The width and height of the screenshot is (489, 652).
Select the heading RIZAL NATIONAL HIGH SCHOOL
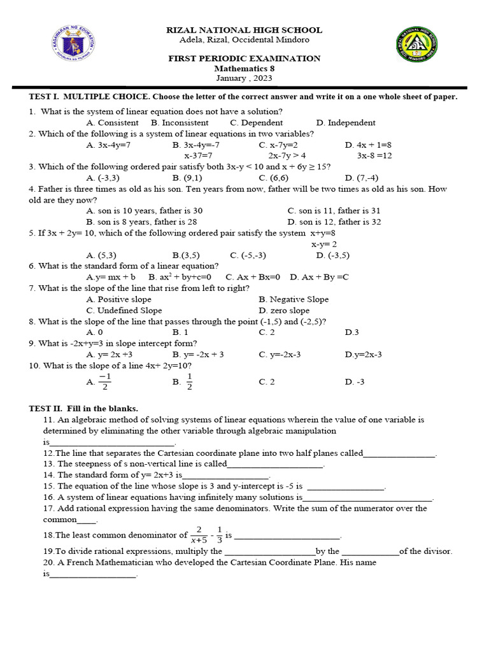tap(244, 30)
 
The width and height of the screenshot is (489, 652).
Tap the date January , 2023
tap(244, 78)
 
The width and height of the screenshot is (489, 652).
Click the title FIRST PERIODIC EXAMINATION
tap(244, 59)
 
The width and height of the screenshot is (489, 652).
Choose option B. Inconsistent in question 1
tap(180, 123)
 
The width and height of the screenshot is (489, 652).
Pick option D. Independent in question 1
tap(346, 123)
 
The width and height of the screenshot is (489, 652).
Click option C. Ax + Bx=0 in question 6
tap(253, 278)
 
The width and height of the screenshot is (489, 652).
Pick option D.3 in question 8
tap(352, 332)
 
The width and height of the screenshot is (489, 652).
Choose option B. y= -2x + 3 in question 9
tap(198, 355)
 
